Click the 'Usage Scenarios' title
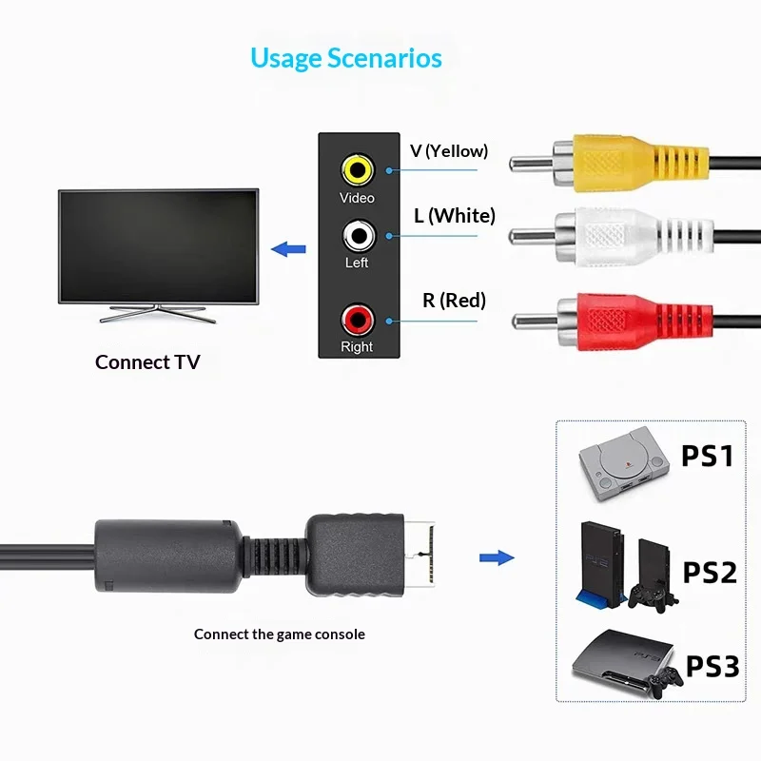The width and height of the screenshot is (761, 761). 346,58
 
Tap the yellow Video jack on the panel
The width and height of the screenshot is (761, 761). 358,170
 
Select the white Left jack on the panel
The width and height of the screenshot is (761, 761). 359,236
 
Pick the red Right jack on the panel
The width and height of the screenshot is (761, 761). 358,321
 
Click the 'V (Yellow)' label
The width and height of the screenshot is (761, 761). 449,151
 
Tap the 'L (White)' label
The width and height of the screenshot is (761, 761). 455,216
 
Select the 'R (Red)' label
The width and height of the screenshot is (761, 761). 455,301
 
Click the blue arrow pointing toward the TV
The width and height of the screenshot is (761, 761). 288,249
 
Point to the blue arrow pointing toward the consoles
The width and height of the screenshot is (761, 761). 497,557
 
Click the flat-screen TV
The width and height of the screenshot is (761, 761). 158,255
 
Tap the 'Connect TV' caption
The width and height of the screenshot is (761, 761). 147,362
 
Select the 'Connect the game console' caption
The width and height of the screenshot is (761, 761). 280,634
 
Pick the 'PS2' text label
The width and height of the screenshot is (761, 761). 710,573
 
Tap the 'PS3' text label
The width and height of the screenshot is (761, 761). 712,666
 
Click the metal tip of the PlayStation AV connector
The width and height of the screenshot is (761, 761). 420,555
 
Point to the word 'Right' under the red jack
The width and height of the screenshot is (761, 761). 357,347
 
